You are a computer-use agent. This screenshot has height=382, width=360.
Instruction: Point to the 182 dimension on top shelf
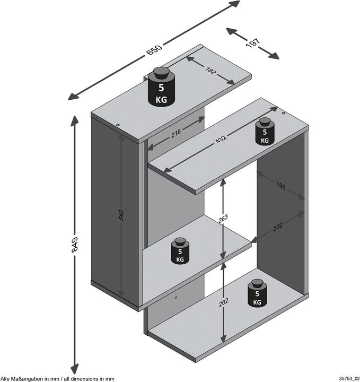pyautogui.click(x=210, y=71)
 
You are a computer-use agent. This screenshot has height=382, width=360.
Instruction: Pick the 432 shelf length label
pyautogui.click(x=222, y=141)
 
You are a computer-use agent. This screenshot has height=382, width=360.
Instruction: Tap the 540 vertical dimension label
pyautogui.click(x=121, y=215)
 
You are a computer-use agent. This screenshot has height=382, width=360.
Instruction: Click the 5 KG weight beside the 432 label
pyautogui.click(x=265, y=133)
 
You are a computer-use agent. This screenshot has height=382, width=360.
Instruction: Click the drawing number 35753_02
pyautogui.click(x=347, y=378)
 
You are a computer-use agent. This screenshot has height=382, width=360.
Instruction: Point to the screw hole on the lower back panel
pyautogui.click(x=175, y=298)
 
